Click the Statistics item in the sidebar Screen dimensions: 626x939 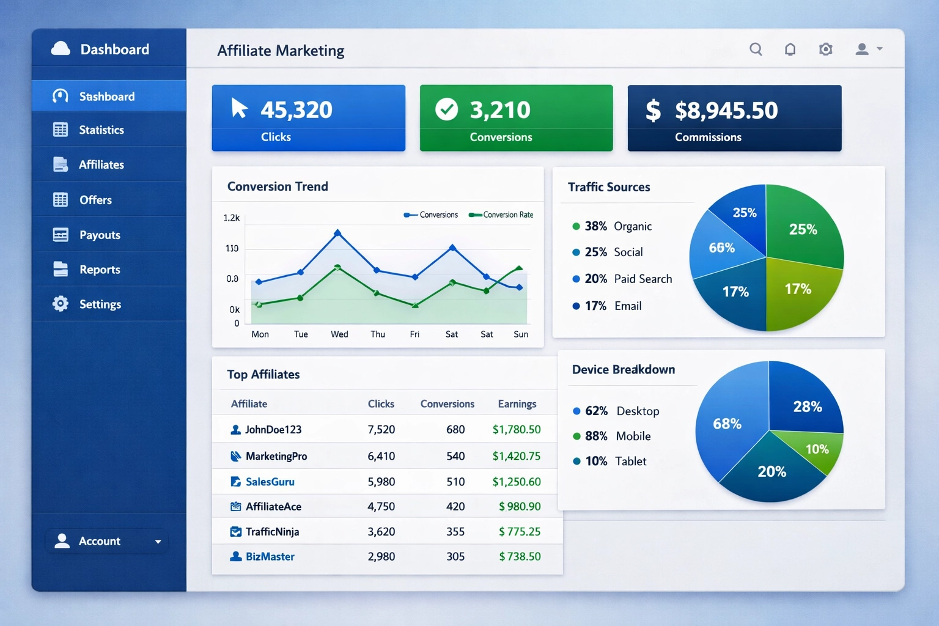click(x=101, y=130)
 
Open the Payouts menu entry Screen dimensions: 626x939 click(x=100, y=235)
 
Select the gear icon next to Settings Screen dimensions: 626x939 click(x=61, y=304)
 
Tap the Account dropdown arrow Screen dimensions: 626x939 click(x=158, y=542)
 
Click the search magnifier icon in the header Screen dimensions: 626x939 click(x=756, y=49)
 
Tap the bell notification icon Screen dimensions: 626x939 click(x=790, y=49)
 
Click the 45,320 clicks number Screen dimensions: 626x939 click(x=296, y=110)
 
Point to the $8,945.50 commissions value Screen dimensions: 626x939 click(x=726, y=111)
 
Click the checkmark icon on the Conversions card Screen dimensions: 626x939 click(x=446, y=109)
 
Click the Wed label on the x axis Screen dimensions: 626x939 click(x=339, y=334)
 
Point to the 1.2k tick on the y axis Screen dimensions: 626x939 click(x=232, y=218)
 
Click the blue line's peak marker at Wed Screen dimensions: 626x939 click(x=337, y=233)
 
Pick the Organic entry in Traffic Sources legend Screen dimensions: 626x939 click(x=632, y=226)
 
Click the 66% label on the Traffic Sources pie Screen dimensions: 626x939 click(x=721, y=248)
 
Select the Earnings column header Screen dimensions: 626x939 click(x=517, y=403)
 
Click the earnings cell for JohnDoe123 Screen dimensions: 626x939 click(x=517, y=429)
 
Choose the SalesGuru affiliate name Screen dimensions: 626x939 click(x=270, y=482)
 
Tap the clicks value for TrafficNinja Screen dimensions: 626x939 click(x=381, y=531)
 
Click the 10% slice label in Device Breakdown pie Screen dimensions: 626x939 click(x=817, y=449)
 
